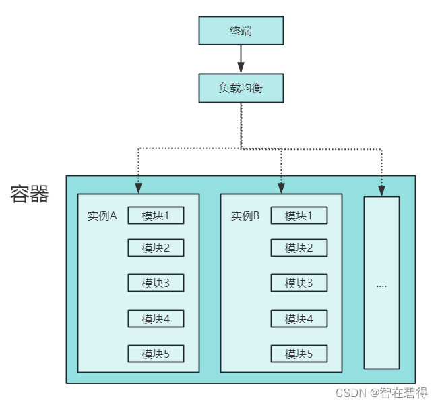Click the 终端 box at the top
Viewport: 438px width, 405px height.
(241, 30)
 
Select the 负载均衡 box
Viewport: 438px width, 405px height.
(241, 88)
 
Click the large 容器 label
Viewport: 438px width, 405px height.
(30, 194)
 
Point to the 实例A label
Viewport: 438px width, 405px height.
(102, 216)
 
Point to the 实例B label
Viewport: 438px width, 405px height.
(245, 216)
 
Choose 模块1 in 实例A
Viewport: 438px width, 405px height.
(156, 216)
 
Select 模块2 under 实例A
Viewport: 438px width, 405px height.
(156, 248)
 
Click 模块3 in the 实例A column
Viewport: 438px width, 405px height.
(156, 283)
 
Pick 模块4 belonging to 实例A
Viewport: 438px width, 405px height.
(156, 319)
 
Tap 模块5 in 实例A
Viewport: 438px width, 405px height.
(156, 354)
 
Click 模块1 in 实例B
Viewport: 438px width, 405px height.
(299, 216)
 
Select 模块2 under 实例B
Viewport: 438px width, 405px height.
(299, 248)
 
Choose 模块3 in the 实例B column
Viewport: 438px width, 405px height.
(299, 283)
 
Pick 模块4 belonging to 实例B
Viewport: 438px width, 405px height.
(299, 319)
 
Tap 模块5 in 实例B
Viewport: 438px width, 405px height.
(299, 354)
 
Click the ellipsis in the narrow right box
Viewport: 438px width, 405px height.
(381, 285)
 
